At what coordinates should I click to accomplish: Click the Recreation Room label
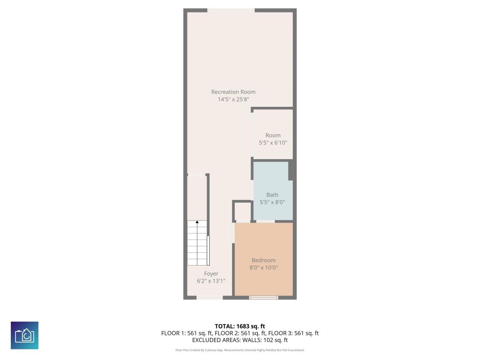tap(233, 92)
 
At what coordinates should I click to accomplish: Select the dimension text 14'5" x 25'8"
tap(233, 99)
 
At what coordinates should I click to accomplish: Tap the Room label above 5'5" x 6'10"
tap(273, 135)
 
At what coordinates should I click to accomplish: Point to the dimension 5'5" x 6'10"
tap(273, 142)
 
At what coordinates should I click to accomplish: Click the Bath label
tap(272, 195)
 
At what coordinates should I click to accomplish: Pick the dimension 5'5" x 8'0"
tap(272, 202)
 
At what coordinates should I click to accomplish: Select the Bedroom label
tap(264, 260)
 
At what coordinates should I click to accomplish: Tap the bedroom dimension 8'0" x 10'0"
tap(264, 268)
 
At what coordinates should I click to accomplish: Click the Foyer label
tap(211, 274)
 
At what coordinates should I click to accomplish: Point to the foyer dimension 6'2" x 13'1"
tap(211, 281)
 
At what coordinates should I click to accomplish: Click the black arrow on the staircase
tap(197, 222)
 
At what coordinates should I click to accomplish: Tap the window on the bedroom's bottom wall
tap(264, 298)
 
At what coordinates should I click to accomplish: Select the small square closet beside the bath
tap(243, 211)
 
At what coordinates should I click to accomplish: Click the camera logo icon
tap(25, 335)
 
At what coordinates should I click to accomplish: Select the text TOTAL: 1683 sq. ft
tap(240, 326)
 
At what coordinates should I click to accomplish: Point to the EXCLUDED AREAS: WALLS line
tap(240, 340)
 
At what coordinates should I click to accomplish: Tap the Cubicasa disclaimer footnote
tap(240, 350)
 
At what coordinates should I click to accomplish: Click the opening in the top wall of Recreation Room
tap(231, 10)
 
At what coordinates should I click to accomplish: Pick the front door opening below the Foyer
tap(210, 298)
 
